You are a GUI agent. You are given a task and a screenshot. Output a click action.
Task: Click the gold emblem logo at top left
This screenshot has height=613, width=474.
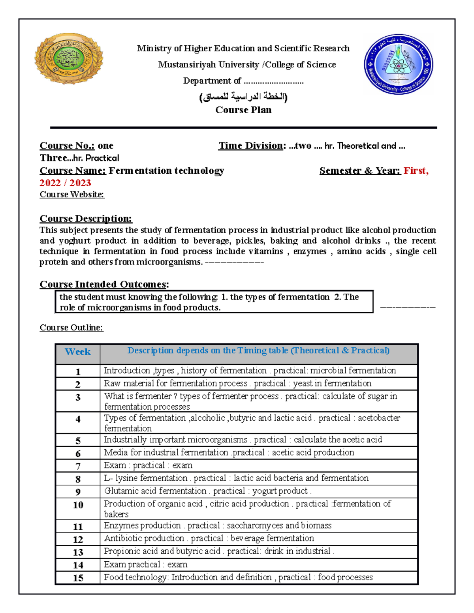[69, 59]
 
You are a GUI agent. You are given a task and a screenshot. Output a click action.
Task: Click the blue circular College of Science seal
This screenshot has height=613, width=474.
[398, 64]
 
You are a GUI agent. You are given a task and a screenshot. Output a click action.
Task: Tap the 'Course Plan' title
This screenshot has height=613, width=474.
[243, 110]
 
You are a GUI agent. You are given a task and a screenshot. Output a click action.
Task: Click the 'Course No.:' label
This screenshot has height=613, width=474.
[67, 146]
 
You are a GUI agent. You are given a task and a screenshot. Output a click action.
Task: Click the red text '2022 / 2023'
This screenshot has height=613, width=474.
[65, 183]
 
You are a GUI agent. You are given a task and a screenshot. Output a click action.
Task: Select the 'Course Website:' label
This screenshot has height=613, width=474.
[72, 194]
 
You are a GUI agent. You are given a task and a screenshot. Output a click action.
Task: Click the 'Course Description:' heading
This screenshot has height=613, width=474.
[86, 219]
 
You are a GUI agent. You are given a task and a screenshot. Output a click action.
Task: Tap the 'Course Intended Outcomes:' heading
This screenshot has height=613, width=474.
[104, 284]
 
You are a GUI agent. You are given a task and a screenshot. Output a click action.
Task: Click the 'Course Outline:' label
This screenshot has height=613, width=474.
[71, 328]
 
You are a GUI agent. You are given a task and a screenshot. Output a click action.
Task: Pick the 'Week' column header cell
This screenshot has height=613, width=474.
[78, 352]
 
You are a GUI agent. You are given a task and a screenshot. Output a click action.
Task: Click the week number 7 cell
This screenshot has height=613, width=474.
[78, 466]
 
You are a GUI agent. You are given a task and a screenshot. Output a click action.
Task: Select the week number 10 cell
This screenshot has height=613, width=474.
[78, 505]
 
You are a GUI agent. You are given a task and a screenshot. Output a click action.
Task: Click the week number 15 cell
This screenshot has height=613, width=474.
[78, 578]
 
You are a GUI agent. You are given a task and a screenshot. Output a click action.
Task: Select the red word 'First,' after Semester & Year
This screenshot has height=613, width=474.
[416, 171]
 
